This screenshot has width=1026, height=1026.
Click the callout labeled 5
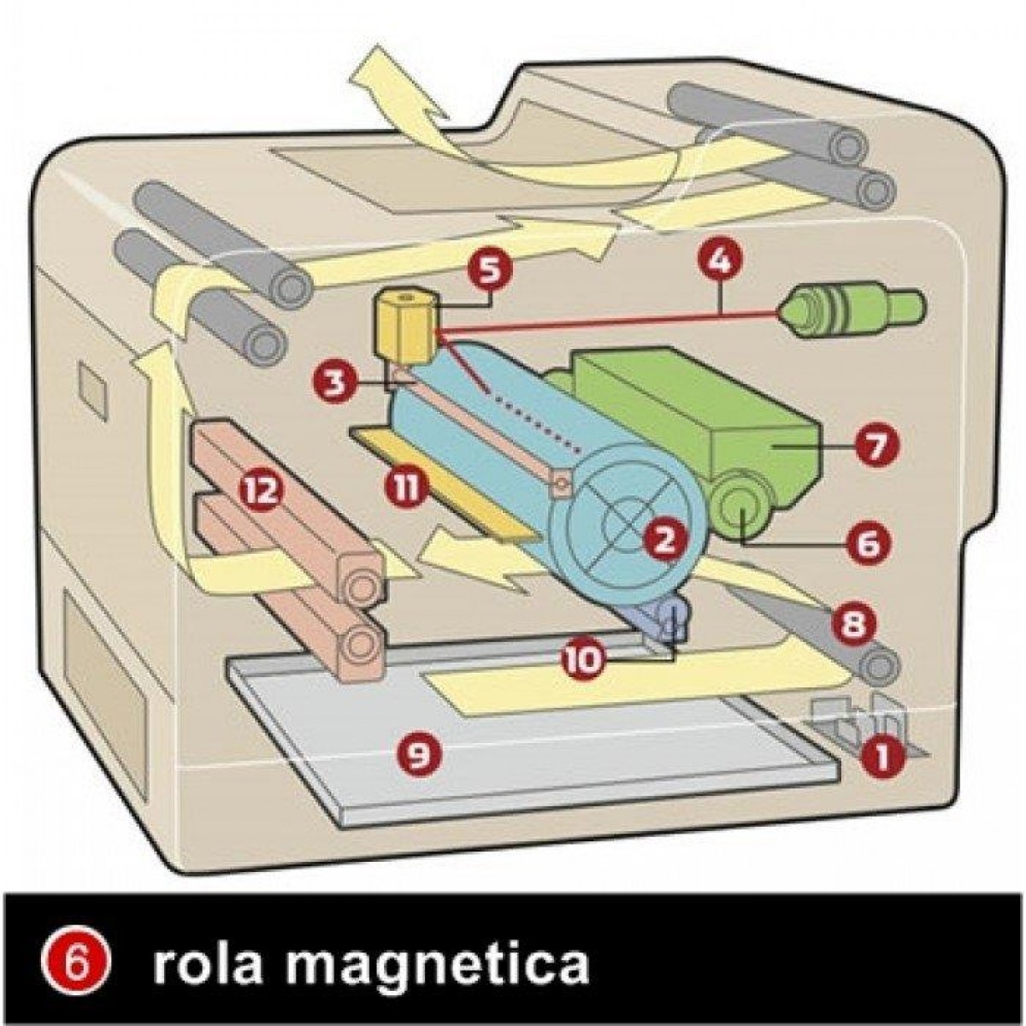click(x=489, y=272)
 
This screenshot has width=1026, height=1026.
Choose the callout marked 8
click(x=852, y=623)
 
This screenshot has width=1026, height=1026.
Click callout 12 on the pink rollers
click(x=261, y=492)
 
